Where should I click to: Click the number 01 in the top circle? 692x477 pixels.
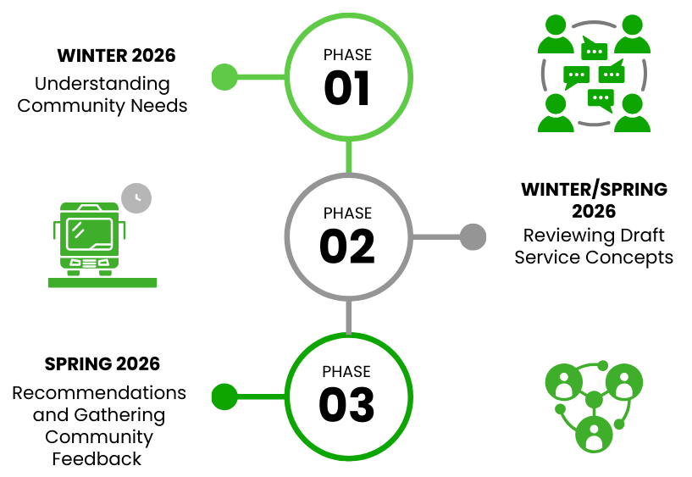[347, 89]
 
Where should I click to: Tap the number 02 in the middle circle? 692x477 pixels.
[347, 247]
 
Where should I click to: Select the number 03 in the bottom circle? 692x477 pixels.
[346, 406]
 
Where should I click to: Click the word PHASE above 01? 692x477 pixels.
[347, 55]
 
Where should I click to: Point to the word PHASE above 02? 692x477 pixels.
[347, 214]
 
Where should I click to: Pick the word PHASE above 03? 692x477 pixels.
[346, 372]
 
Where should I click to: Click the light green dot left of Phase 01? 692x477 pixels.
[224, 77]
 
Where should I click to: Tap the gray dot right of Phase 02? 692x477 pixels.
[473, 236]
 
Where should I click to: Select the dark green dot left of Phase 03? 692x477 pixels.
[224, 396]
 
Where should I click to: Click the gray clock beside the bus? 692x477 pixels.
[136, 198]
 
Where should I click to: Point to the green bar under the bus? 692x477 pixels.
[102, 283]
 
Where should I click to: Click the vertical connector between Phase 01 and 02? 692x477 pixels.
[348, 157]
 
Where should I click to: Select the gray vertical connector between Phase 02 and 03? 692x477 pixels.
[348, 316]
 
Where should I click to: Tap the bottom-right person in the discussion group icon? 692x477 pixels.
[632, 114]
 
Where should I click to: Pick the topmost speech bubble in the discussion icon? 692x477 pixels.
[595, 50]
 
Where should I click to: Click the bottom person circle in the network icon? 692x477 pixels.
[594, 434]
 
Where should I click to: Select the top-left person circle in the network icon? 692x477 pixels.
[563, 381]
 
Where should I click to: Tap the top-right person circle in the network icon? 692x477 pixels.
[624, 381]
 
